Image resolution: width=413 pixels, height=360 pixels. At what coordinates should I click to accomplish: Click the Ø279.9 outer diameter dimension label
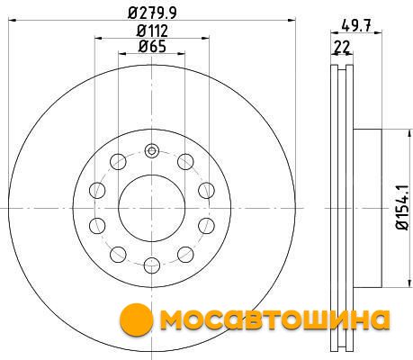point(152,13)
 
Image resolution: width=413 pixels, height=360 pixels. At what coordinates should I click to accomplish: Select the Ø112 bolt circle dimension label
point(152,31)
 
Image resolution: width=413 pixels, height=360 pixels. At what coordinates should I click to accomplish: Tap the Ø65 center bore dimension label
point(152,46)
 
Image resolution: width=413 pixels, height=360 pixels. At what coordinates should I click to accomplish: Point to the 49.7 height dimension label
point(356,25)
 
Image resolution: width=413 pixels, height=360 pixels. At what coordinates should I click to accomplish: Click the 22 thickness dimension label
point(342,47)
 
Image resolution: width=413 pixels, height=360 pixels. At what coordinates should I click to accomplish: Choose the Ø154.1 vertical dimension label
point(403,207)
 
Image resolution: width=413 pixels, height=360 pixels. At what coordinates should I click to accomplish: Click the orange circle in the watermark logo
point(137,319)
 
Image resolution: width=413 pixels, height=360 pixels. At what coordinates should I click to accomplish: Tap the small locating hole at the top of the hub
point(152,150)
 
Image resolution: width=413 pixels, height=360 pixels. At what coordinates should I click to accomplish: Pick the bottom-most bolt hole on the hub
point(152,265)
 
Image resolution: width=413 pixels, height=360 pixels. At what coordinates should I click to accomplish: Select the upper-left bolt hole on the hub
point(118,162)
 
